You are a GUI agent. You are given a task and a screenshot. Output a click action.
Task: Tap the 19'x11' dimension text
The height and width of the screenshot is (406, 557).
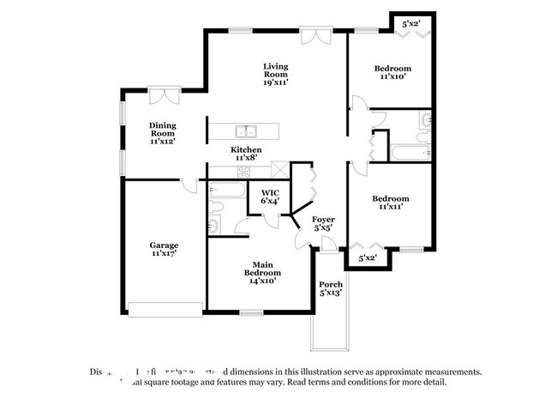coord(275,83)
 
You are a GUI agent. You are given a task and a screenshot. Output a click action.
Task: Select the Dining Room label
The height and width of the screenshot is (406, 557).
coord(162,129)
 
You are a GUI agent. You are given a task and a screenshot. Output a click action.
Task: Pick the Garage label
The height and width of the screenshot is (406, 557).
coord(164,245)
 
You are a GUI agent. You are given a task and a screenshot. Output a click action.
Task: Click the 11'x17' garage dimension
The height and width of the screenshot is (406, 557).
coord(164,254)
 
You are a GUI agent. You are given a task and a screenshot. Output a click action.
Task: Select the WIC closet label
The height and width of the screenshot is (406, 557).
coord(270,192)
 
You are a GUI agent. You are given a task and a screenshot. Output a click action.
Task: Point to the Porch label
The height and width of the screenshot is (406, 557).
coord(331,284)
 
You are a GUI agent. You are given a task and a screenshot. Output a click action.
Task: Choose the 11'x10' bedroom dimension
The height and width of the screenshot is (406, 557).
coord(392,77)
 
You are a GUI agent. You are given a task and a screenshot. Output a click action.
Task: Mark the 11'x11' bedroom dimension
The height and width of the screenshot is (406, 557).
coord(390,207)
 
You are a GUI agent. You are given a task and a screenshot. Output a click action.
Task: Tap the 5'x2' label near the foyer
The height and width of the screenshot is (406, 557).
coord(368,257)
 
